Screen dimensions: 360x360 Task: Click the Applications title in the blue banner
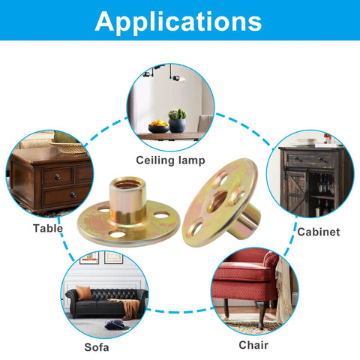pyautogui.click(x=178, y=22)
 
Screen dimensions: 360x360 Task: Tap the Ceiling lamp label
pyautogui.click(x=170, y=160)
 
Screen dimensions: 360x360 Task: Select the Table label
pyautogui.click(x=48, y=228)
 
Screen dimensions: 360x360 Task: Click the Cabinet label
pyautogui.click(x=319, y=232)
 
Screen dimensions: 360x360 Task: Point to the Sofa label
pyautogui.click(x=97, y=347)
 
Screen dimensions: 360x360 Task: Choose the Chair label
pyautogui.click(x=253, y=345)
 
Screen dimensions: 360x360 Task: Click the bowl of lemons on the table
pyautogui.click(x=159, y=127)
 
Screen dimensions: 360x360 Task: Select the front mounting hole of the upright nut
pyautogui.click(x=117, y=234)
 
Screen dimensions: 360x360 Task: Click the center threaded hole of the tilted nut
pyautogui.click(x=217, y=200)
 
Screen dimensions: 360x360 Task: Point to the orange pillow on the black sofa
pyautogui.click(x=84, y=292)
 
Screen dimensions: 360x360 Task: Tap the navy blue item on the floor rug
pyautogui.click(x=114, y=325)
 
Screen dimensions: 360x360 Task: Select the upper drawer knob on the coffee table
pyautogui.click(x=58, y=177)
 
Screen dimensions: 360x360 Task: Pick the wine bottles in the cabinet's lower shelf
pyautogui.click(x=322, y=207)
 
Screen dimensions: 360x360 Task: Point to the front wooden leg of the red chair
pyautogui.click(x=262, y=314)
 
